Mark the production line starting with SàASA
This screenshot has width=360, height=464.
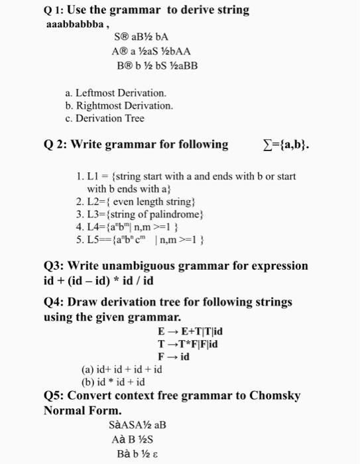pyautogui.click(x=137, y=424)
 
